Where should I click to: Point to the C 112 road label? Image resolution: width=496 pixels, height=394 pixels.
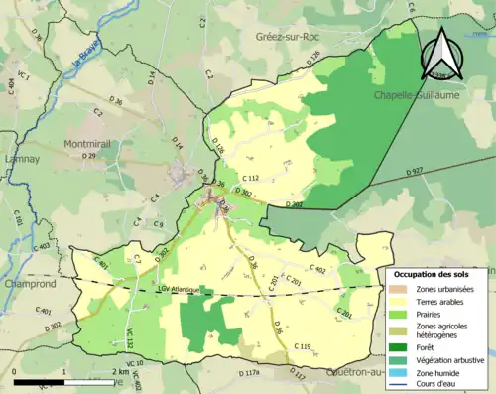(x=250, y=178)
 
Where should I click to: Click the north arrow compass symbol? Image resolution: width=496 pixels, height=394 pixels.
(x=443, y=52)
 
